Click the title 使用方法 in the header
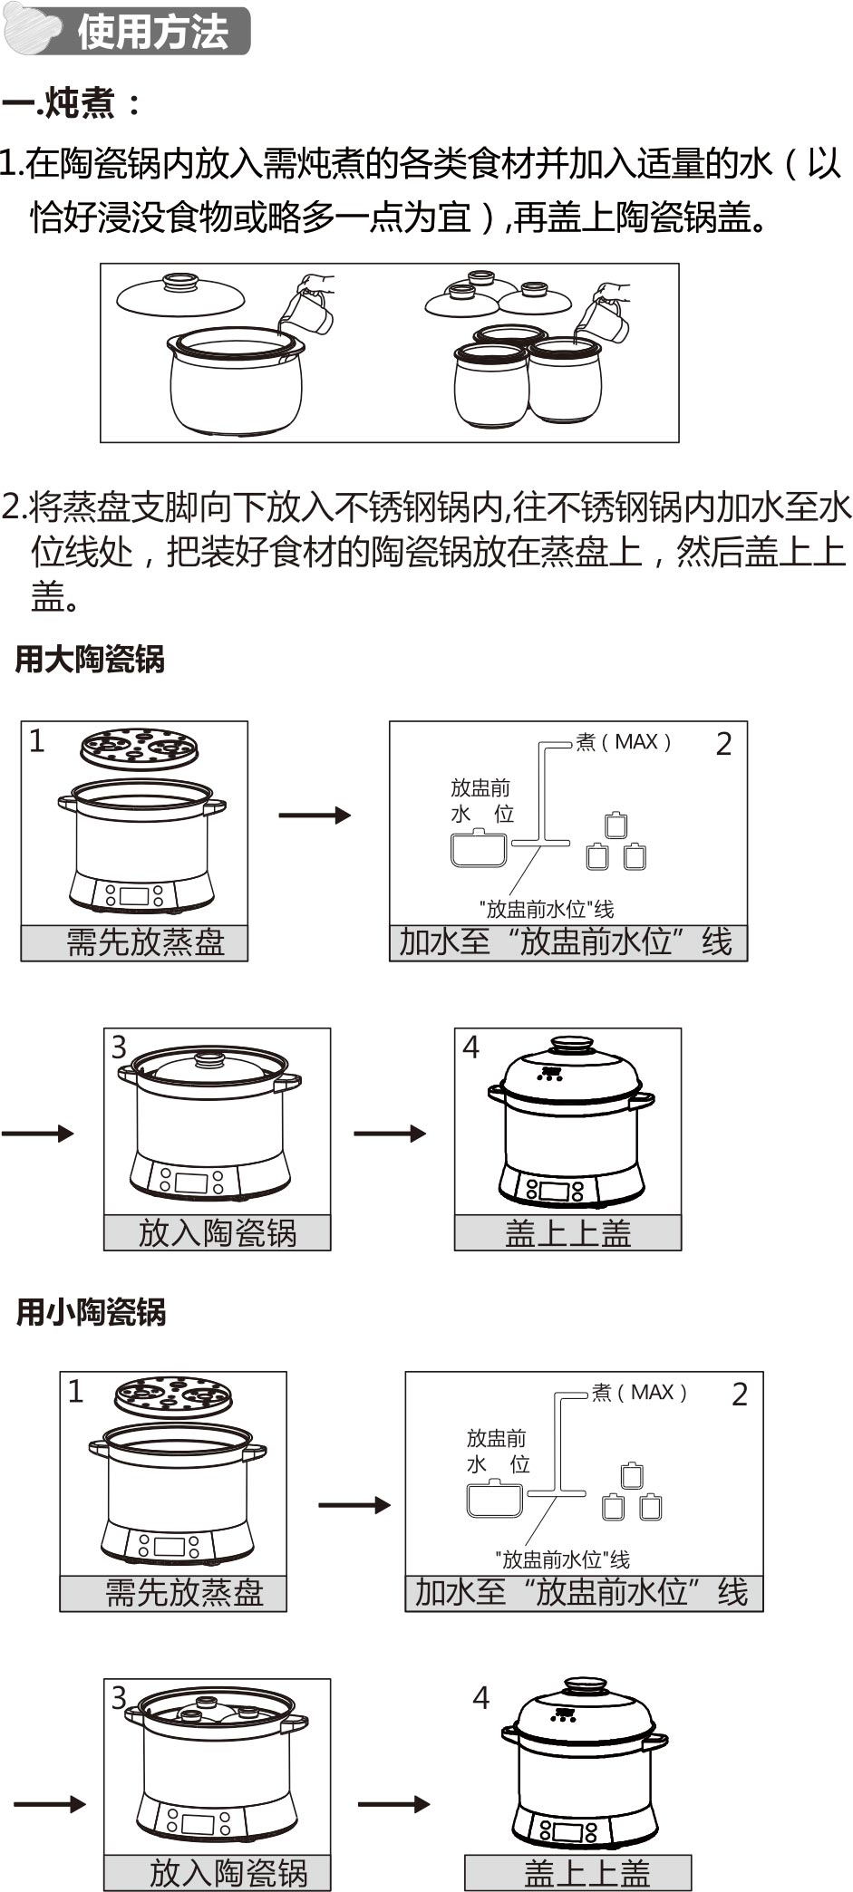[x=152, y=33]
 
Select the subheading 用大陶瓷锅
[x=90, y=660]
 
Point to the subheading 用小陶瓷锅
[x=91, y=1311]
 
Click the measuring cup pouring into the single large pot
[x=306, y=308]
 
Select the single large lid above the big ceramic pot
[x=180, y=294]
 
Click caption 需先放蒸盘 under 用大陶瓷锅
[x=145, y=942]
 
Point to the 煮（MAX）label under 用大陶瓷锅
[x=625, y=742]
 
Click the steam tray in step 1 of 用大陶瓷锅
[x=139, y=748]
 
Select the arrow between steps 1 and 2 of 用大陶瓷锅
[x=314, y=816]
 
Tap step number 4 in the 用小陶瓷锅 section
[x=481, y=1697]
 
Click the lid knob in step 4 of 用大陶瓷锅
[x=572, y=1043]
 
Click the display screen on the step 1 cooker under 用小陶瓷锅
[x=170, y=1546]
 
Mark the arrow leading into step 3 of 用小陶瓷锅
[x=50, y=1804]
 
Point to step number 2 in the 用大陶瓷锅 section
[x=723, y=744]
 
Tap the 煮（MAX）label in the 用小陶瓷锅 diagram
[x=640, y=1392]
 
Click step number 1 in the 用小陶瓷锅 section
[x=76, y=1391]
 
